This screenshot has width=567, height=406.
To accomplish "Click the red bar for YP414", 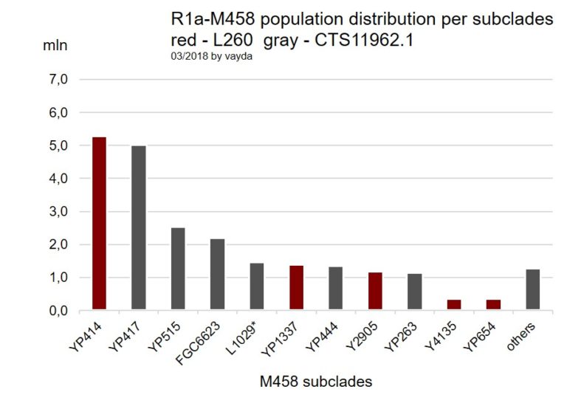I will click(x=99, y=224).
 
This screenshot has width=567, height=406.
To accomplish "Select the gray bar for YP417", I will click(x=138, y=228).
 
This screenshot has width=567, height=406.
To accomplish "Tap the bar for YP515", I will click(x=178, y=269).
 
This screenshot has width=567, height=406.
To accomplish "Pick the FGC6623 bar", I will click(x=217, y=275).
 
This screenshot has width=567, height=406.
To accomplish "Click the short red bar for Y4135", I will click(x=453, y=305).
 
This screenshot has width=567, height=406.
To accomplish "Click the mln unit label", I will click(x=55, y=45).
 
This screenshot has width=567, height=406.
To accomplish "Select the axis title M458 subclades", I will click(x=315, y=382).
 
